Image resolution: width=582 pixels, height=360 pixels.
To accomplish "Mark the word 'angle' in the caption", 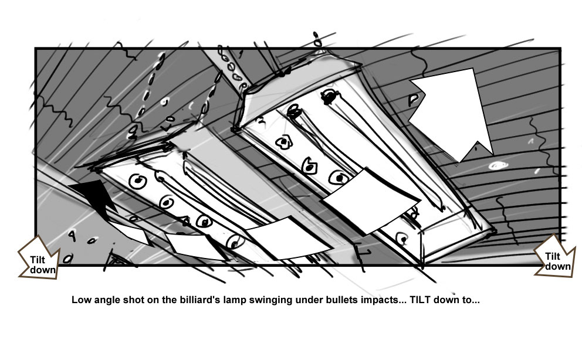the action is tap(104, 300).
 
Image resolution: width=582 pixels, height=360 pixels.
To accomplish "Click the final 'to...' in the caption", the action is tap(471, 300).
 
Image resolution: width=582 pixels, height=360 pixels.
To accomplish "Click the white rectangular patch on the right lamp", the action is tap(371, 201).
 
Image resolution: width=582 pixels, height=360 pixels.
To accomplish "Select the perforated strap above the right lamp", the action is tap(231, 69).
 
